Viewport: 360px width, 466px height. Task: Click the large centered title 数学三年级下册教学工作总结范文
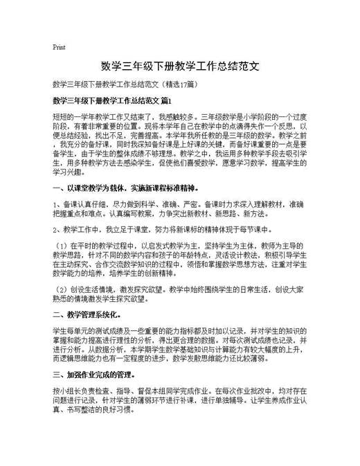point(180,67)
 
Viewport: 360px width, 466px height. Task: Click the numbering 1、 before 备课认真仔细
point(57,205)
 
